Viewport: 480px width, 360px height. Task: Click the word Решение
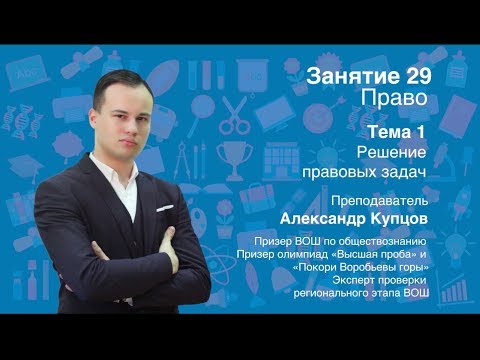pyautogui.click(x=391, y=152)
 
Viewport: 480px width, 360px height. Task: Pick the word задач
pyautogui.click(x=402, y=172)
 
